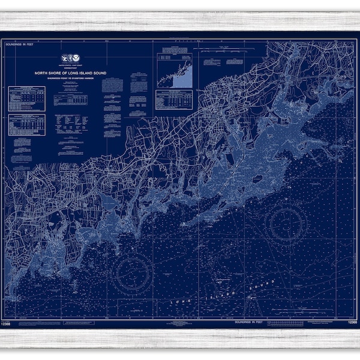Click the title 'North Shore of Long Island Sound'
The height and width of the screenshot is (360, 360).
coord(71,74)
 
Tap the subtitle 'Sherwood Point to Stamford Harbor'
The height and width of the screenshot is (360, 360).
coord(71,79)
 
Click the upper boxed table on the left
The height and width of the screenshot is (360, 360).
coord(27,98)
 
